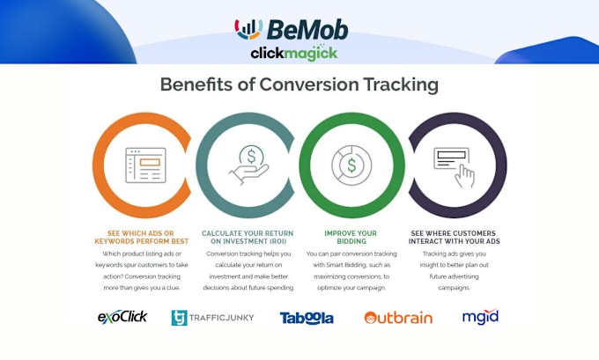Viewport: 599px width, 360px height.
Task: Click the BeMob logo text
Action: click(x=307, y=30)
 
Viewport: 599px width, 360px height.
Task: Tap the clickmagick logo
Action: click(x=294, y=53)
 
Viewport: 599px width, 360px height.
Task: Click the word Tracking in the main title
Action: click(x=401, y=84)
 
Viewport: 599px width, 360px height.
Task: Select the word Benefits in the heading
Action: click(x=196, y=84)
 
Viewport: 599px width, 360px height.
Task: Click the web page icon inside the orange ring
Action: click(x=145, y=165)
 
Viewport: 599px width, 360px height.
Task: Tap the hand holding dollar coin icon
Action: click(x=249, y=165)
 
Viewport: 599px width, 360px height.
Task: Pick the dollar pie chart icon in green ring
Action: click(x=351, y=165)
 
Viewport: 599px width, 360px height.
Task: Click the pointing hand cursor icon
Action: click(x=464, y=176)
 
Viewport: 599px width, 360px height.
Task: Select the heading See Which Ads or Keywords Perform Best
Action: click(x=141, y=237)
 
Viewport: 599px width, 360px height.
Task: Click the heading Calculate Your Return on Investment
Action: click(x=248, y=237)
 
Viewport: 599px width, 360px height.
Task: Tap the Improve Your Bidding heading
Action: click(x=351, y=237)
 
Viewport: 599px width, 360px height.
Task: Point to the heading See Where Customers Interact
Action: click(x=454, y=237)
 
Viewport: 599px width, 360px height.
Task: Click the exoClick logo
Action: click(x=122, y=317)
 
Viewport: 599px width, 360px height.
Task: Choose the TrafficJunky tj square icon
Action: click(x=179, y=318)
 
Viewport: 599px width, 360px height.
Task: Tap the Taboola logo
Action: click(x=307, y=318)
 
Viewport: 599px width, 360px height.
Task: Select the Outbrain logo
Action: click(x=398, y=318)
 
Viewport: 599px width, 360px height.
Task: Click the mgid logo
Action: click(x=480, y=317)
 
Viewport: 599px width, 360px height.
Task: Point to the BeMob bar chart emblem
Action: click(x=248, y=29)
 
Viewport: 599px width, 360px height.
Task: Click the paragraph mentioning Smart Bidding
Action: click(x=351, y=271)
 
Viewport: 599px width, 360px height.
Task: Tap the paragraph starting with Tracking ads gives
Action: click(x=454, y=271)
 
